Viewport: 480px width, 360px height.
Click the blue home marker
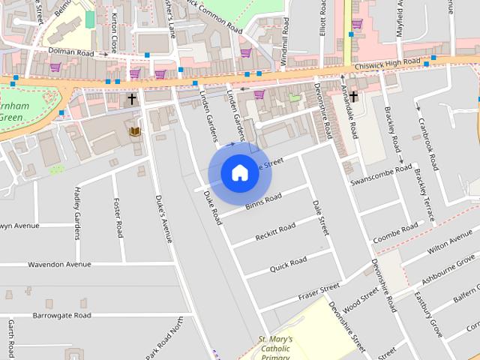(x=239, y=173)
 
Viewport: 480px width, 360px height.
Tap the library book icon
(x=135, y=133)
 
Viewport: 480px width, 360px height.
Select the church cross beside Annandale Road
(x=353, y=96)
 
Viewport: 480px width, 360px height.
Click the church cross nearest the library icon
(x=132, y=98)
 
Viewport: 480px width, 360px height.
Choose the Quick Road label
(x=289, y=262)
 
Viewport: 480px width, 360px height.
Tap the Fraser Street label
(x=319, y=289)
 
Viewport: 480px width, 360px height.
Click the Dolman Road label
(x=72, y=53)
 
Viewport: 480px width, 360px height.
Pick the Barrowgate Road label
(x=61, y=316)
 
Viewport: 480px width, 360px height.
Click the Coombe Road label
(x=395, y=231)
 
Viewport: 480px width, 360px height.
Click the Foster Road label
(x=118, y=218)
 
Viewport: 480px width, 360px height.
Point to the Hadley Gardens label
(x=78, y=214)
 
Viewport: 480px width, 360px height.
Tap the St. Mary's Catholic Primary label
(x=275, y=348)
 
